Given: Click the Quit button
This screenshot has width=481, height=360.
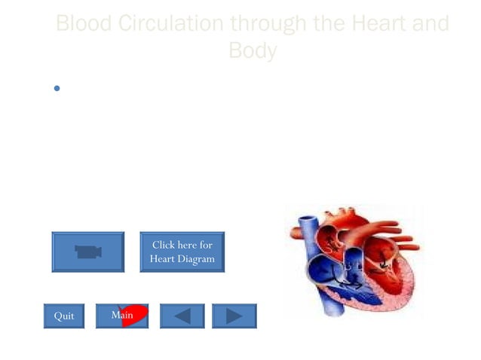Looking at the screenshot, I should click(x=64, y=316).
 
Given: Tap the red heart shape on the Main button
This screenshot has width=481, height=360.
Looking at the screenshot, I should click(x=136, y=315).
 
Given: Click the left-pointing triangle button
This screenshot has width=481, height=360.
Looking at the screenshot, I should click(x=182, y=316).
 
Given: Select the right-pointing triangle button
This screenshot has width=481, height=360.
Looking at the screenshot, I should click(x=234, y=316).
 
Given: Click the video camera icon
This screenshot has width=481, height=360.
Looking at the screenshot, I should click(x=87, y=252).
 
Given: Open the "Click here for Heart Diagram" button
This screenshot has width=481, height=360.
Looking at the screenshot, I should click(x=182, y=252).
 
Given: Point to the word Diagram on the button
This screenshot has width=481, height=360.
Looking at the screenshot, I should click(x=198, y=259).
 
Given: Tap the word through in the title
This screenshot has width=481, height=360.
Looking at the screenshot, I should click(x=269, y=24).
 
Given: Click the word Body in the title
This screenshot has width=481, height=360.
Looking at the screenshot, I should click(x=253, y=51).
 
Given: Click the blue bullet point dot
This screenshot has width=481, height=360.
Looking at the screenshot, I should click(x=57, y=89).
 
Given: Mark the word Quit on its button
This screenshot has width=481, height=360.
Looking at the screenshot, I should click(x=64, y=316).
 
